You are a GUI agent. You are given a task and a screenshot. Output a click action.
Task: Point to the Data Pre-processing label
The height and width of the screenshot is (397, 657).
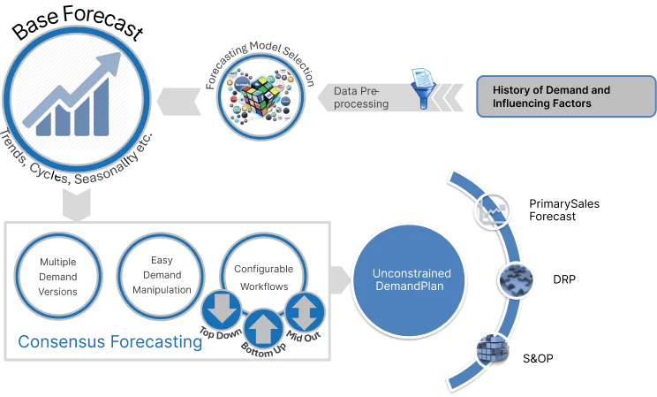[x=360, y=97]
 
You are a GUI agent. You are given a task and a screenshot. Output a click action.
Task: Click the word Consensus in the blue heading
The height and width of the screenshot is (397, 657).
[x=61, y=341]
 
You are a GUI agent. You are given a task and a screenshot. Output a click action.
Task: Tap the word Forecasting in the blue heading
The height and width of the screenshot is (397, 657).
[x=155, y=341]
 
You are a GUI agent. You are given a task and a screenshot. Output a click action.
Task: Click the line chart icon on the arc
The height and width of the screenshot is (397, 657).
[x=492, y=210]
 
